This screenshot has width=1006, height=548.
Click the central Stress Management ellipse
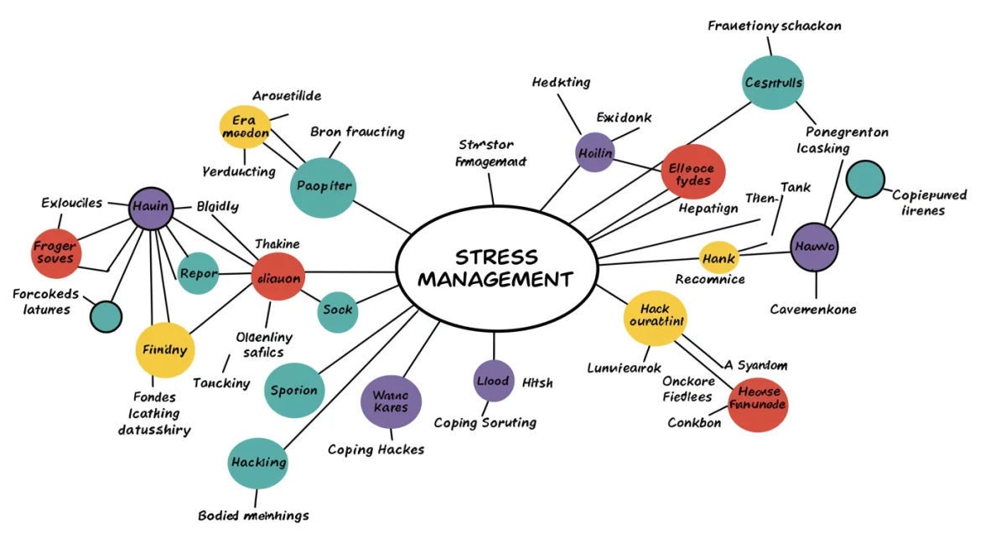[x=495, y=268]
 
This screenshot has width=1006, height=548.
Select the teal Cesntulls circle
[x=773, y=82]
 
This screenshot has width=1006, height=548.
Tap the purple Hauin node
[x=151, y=207]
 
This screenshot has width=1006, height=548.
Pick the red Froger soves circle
[x=56, y=252]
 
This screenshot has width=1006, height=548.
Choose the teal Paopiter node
[x=324, y=187]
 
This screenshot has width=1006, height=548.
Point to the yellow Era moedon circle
[x=245, y=127]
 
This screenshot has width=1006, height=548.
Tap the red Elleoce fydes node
[x=692, y=172]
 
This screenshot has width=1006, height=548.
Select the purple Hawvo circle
[x=814, y=247]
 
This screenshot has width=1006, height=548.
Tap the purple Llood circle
[x=493, y=381]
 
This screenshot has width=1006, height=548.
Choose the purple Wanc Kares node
[x=391, y=401]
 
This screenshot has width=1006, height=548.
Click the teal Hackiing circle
[x=258, y=463]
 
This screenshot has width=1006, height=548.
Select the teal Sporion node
[x=294, y=390]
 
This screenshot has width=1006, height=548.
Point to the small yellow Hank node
[x=718, y=259]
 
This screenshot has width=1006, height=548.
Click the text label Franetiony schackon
[x=774, y=26]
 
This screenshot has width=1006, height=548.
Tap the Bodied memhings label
[x=253, y=515]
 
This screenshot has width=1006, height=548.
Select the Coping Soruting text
[x=485, y=422]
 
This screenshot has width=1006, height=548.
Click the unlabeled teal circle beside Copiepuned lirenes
[x=865, y=179]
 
